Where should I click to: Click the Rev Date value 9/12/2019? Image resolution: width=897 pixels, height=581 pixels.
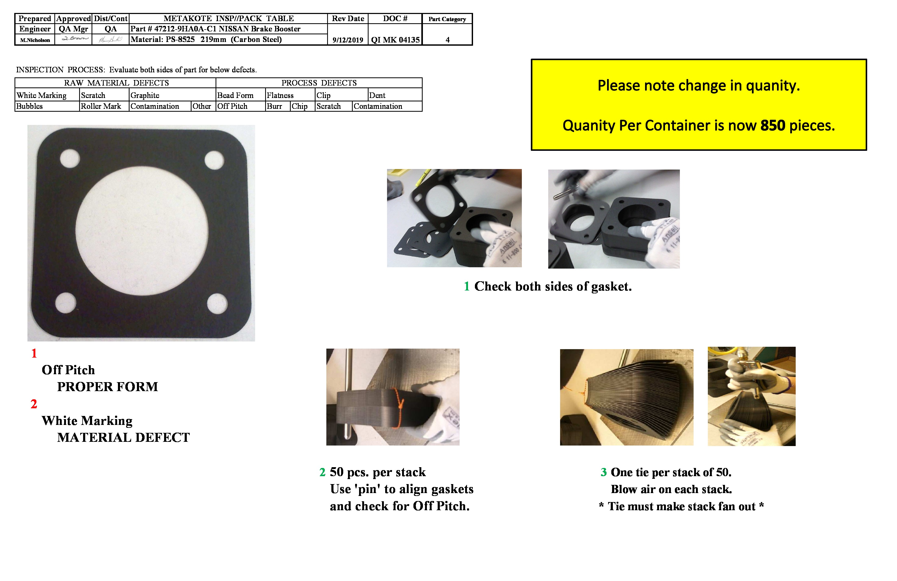(347, 40)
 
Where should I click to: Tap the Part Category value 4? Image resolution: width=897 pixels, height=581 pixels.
(447, 40)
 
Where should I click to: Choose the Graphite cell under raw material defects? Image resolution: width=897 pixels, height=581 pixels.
(145, 95)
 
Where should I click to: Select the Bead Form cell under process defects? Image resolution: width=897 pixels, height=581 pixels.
(235, 95)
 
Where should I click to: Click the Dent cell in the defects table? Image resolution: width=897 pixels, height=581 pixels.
(377, 95)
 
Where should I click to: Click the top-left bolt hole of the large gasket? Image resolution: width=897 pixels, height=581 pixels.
(70, 158)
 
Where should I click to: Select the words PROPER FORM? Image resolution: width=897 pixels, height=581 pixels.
(107, 387)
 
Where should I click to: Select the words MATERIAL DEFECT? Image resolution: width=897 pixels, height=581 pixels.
(123, 438)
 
